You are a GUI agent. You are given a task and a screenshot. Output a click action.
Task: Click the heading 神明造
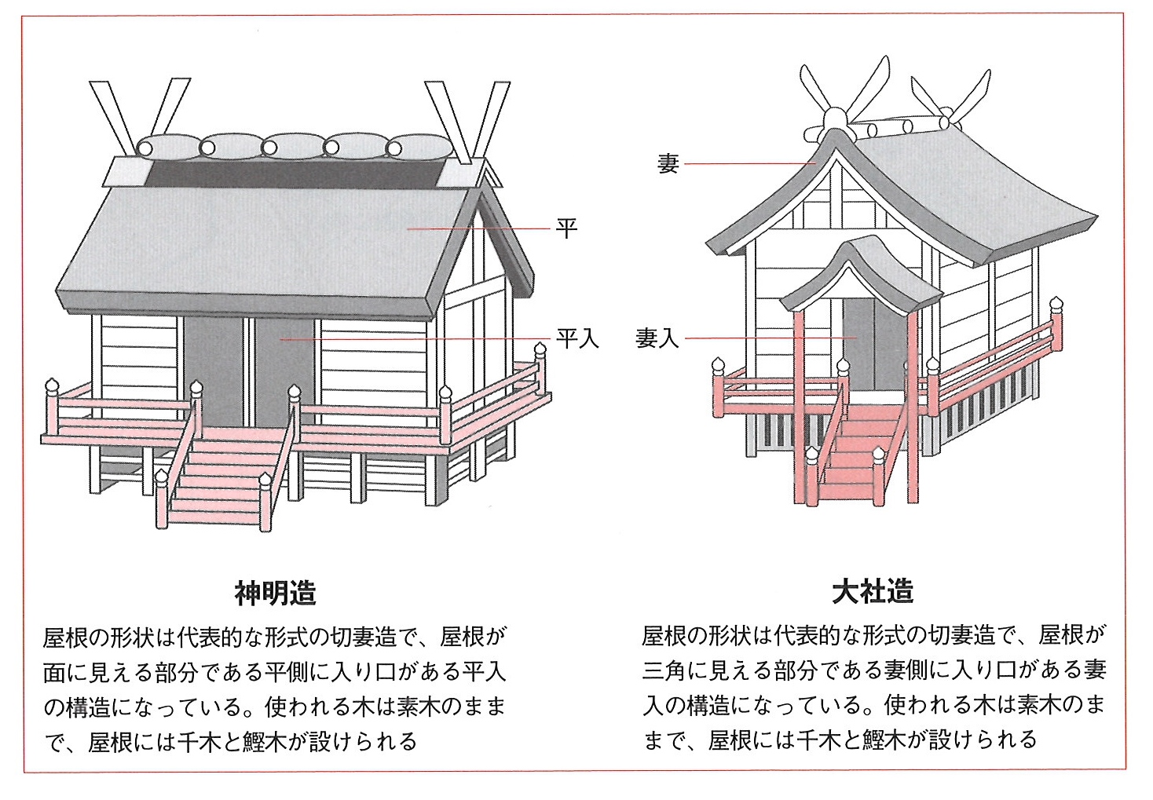pyautogui.click(x=275, y=593)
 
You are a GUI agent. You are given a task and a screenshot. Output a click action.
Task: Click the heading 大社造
pyautogui.click(x=873, y=591)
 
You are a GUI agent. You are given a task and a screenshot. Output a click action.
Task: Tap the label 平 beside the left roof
pyautogui.click(x=566, y=228)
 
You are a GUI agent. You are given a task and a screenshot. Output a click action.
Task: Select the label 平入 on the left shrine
pyautogui.click(x=577, y=338)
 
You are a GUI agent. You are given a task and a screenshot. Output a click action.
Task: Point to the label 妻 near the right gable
pyautogui.click(x=668, y=163)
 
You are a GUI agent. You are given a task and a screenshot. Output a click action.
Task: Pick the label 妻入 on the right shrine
pyautogui.click(x=657, y=338)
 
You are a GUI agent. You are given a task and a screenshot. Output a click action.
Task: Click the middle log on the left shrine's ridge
pyautogui.click(x=291, y=147)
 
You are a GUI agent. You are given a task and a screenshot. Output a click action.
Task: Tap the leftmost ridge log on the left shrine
pyautogui.click(x=167, y=147)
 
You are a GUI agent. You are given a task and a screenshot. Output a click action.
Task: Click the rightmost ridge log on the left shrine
pyautogui.click(x=419, y=147)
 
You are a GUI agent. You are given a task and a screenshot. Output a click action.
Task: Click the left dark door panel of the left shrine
pyautogui.click(x=212, y=369)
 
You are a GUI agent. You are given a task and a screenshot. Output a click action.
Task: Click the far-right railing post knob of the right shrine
pyautogui.click(x=1056, y=303)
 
